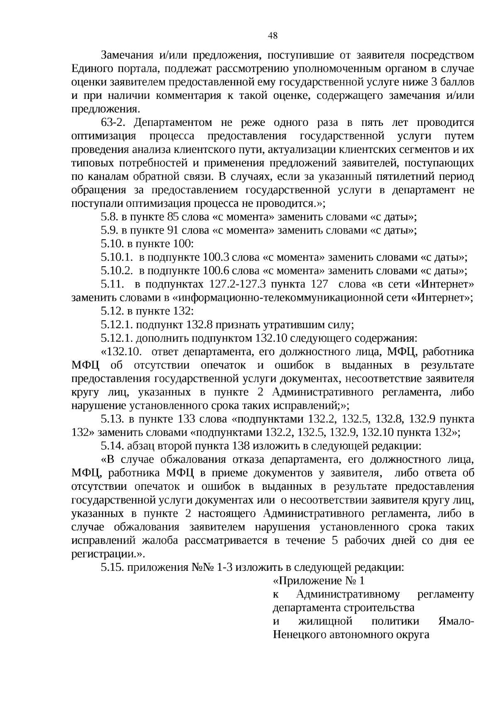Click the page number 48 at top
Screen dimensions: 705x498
(x=273, y=36)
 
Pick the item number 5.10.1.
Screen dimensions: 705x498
(x=116, y=258)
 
